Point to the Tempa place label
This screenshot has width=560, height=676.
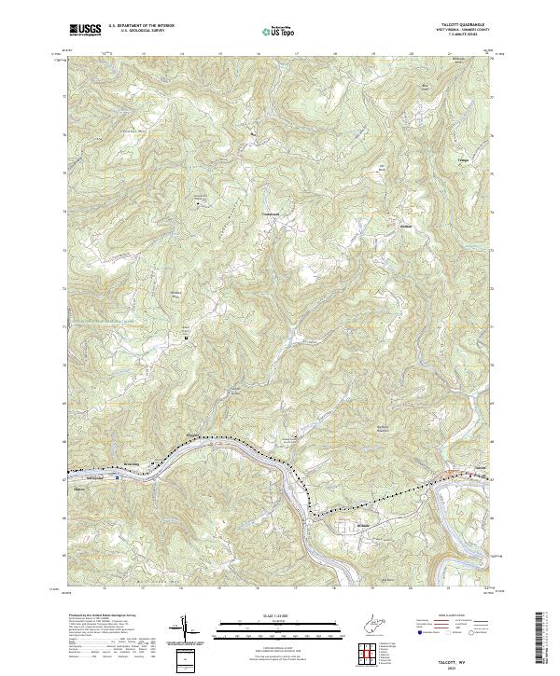pos(463,160)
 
